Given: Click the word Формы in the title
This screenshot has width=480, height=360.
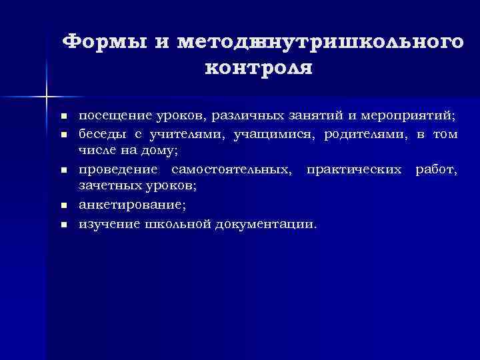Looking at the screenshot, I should click(x=105, y=42).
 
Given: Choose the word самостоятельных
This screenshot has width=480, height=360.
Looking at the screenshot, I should click(x=231, y=171).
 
